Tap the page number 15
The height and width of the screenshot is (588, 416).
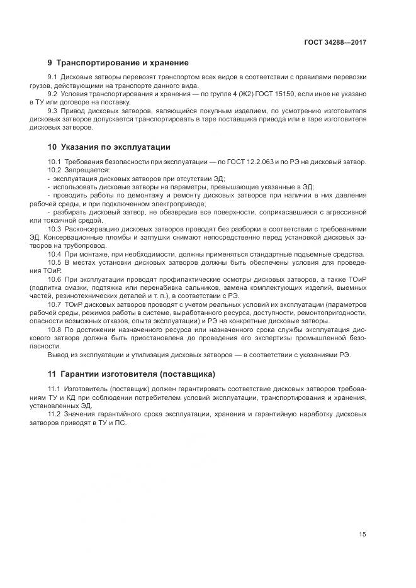point(363,535)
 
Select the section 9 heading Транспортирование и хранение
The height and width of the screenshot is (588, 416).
point(118,63)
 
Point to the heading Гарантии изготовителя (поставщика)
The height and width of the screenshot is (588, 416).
point(132,374)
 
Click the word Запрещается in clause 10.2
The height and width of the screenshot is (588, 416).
point(87,170)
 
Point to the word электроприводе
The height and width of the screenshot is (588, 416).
point(176,204)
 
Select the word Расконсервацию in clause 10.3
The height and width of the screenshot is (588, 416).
point(93,229)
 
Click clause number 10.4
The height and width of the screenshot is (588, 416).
point(54,254)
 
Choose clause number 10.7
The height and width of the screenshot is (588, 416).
point(54,304)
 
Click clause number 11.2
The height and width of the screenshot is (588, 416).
point(54,415)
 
